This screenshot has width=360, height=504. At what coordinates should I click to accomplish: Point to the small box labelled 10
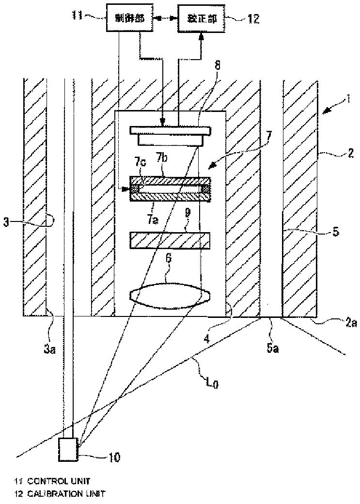point(67,450)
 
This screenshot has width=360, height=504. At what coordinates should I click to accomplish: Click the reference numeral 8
point(218,65)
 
